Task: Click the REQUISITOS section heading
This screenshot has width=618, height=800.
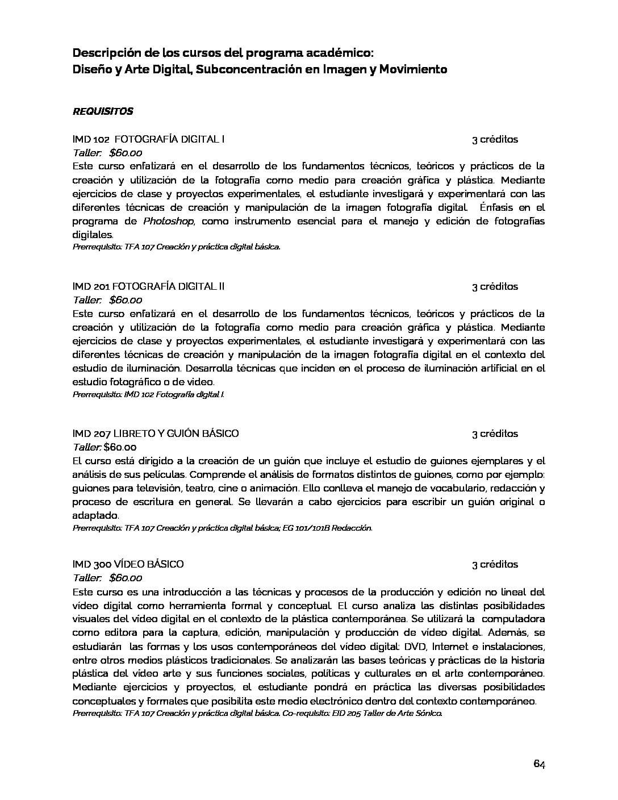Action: click(x=103, y=111)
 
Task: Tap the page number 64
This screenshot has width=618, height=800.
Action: click(x=539, y=764)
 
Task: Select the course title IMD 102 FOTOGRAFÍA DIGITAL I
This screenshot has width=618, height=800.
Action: click(x=149, y=139)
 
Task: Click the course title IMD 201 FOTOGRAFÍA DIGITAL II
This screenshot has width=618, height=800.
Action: click(x=149, y=286)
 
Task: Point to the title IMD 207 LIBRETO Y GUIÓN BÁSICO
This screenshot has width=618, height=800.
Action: click(x=156, y=434)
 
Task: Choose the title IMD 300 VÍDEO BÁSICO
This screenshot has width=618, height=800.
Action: click(x=128, y=564)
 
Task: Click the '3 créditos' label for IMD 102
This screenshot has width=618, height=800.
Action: click(x=495, y=139)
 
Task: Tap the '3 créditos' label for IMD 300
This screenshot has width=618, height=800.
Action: click(x=495, y=564)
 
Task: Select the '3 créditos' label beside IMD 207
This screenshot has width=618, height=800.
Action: click(x=495, y=434)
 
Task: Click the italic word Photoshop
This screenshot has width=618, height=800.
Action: click(x=168, y=221)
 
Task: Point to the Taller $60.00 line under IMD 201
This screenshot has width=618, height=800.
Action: click(x=107, y=300)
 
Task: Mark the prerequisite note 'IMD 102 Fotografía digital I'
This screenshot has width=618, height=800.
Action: click(x=148, y=394)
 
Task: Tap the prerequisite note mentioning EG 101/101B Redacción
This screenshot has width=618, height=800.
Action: click(x=222, y=528)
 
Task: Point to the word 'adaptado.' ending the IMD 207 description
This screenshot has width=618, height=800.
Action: click(x=96, y=515)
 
